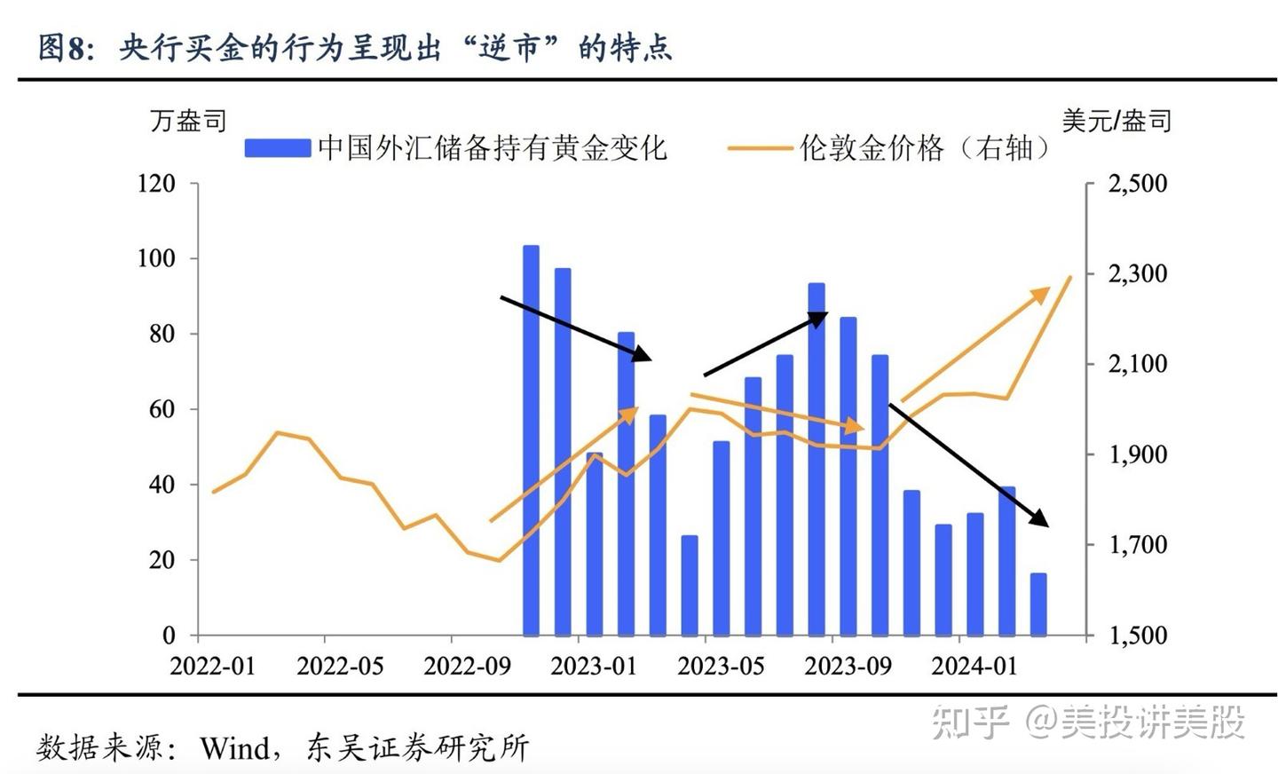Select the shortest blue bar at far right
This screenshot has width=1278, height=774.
1037,604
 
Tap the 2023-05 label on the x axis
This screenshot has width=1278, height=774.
720,667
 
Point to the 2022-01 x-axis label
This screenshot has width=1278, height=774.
212,667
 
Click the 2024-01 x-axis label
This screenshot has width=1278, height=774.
974,667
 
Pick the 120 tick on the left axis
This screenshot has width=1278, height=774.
156,184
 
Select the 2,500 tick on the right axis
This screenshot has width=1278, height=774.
1138,184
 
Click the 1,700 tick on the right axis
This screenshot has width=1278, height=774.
1138,544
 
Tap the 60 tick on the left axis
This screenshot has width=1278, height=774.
162,409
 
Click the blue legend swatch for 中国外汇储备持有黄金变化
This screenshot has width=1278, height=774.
278,148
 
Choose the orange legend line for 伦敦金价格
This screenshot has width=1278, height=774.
759,148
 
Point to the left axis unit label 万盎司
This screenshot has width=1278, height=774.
188,121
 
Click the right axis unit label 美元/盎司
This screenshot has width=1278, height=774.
1116,121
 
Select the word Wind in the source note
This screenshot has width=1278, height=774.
234,748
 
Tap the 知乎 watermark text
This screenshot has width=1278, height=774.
970,723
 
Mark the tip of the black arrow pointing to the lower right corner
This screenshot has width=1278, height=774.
1047,525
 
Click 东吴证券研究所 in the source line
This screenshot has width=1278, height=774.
417,748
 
